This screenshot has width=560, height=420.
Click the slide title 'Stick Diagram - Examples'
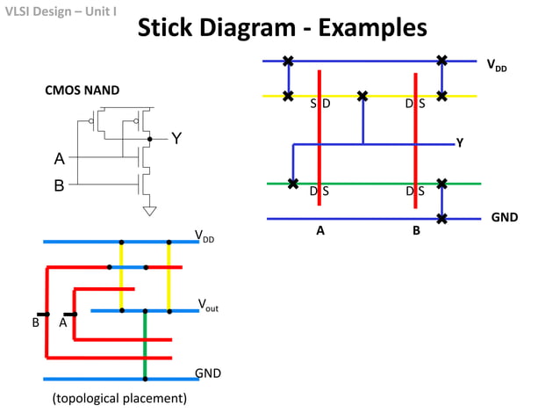pyautogui.click(x=283, y=28)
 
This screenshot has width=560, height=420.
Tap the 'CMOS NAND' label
pyautogui.click(x=83, y=90)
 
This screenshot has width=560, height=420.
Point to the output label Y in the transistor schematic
pyautogui.click(x=176, y=139)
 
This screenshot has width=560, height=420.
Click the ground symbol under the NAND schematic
pyautogui.click(x=150, y=210)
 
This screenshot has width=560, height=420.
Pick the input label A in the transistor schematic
pyautogui.click(x=59, y=159)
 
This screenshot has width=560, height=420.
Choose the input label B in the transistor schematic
pyautogui.click(x=59, y=185)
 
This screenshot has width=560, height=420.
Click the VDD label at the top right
pyautogui.click(x=496, y=64)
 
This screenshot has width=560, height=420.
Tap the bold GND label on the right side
pyautogui.click(x=504, y=216)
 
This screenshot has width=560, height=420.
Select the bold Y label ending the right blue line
pyautogui.click(x=460, y=143)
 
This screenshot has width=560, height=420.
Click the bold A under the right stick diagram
pyautogui.click(x=320, y=231)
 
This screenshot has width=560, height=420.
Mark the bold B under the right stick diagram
pyautogui.click(x=416, y=231)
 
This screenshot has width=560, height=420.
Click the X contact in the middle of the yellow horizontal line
pyautogui.click(x=362, y=96)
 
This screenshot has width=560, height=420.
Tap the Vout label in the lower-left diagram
pyautogui.click(x=208, y=305)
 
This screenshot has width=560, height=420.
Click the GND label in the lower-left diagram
pyautogui.click(x=207, y=373)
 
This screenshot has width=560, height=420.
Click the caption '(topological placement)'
pyautogui.click(x=120, y=399)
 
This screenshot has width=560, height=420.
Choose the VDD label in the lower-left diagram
pyautogui.click(x=205, y=235)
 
